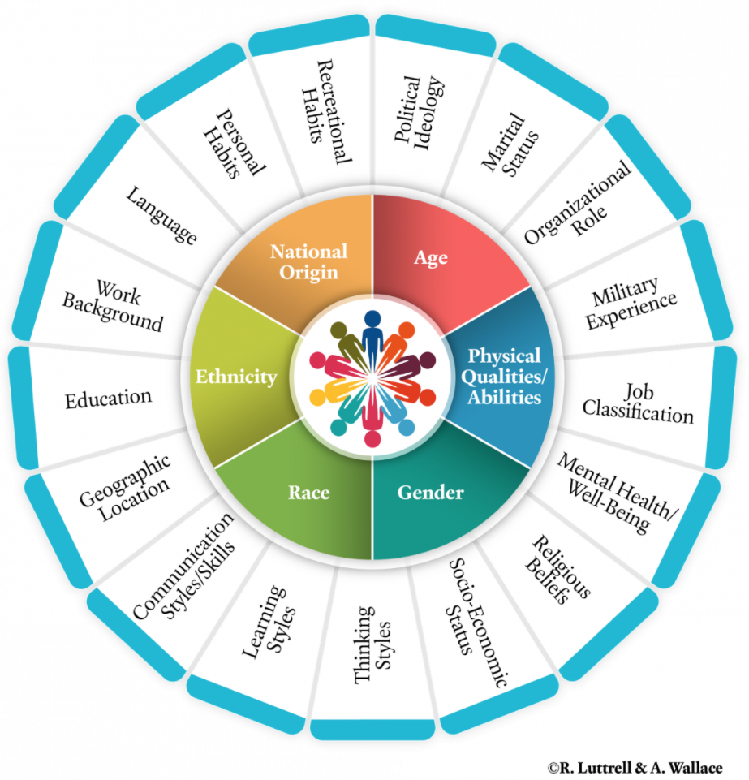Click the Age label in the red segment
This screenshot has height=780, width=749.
tap(431, 258)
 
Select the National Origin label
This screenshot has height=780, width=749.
tap(309, 262)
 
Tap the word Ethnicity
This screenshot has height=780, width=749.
tap(236, 377)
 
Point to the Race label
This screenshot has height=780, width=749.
tap(309, 493)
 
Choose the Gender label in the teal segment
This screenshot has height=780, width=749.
tap(431, 493)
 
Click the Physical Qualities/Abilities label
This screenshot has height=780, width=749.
tap(504, 377)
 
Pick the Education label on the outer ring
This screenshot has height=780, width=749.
tap(109, 399)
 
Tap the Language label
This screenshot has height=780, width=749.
tap(161, 215)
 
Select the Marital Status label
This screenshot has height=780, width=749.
tap(510, 144)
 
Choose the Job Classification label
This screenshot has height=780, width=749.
tap(638, 403)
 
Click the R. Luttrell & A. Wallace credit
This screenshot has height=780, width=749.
tap(635, 768)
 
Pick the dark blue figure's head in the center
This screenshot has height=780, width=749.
tap(372, 318)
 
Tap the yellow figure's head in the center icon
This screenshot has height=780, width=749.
tap(317, 398)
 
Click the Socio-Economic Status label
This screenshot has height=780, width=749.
tap(477, 623)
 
